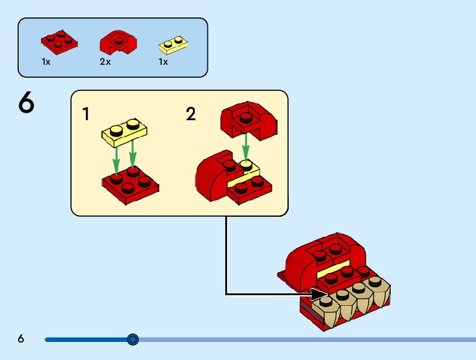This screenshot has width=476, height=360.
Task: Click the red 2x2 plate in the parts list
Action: (x=60, y=40)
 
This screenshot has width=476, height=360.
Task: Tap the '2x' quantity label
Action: (x=105, y=62)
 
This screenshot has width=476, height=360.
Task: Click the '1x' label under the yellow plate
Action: (x=163, y=62)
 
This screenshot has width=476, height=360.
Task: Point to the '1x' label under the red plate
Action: (x=46, y=62)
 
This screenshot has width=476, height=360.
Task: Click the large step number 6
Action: (x=26, y=103)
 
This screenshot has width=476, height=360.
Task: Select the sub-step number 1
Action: (x=86, y=114)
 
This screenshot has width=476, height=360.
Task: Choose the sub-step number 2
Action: (x=190, y=114)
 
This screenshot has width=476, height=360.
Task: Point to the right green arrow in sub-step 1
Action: (x=132, y=155)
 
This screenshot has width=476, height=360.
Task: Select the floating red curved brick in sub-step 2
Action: (x=247, y=120)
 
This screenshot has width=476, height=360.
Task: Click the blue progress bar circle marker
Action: (x=133, y=339)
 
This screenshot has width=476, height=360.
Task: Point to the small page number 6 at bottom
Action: (x=21, y=339)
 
